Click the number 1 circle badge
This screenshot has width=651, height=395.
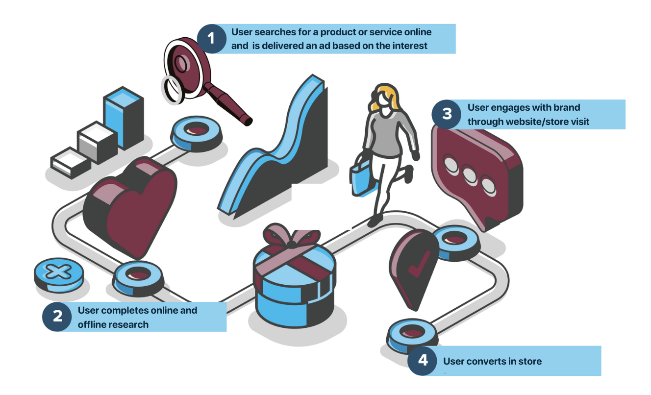click(x=211, y=38)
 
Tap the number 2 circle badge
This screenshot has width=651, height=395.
click(x=57, y=317)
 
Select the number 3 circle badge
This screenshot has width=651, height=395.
click(x=447, y=114)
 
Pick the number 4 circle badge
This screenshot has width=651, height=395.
click(x=423, y=361)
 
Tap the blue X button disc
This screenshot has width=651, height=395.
click(x=58, y=272)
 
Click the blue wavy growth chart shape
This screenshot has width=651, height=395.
click(x=275, y=147)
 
